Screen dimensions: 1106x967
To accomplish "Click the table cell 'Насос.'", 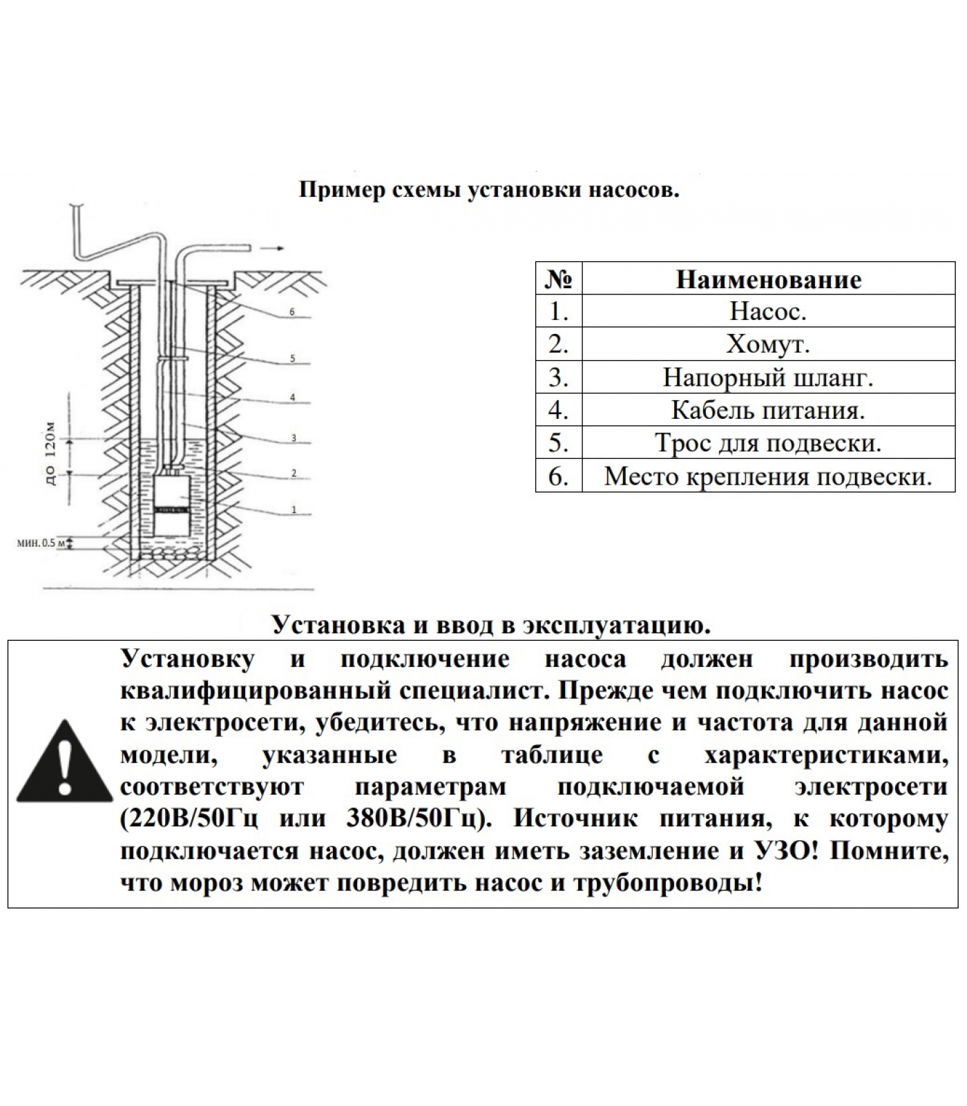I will (768, 312).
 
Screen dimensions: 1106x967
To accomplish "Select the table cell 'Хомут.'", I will (768, 344).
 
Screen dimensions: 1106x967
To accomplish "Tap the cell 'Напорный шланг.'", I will (768, 377).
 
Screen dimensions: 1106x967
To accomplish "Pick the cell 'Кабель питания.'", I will (768, 411).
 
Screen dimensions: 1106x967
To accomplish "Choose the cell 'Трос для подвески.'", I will (768, 443).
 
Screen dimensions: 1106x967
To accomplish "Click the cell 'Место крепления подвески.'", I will (768, 476).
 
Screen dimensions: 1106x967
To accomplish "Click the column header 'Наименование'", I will (768, 279).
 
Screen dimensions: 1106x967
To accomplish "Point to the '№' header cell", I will (559, 279).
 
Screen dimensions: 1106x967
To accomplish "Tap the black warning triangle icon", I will (64, 761).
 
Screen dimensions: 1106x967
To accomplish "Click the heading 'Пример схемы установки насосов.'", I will (489, 190).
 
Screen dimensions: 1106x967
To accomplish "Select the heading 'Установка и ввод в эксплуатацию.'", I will (491, 625).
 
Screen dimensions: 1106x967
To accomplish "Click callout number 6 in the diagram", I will (292, 312).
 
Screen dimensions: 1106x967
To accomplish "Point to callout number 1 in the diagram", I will (294, 510).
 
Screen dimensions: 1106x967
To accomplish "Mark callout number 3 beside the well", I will (294, 438).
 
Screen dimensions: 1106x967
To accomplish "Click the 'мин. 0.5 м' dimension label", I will (41, 543).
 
